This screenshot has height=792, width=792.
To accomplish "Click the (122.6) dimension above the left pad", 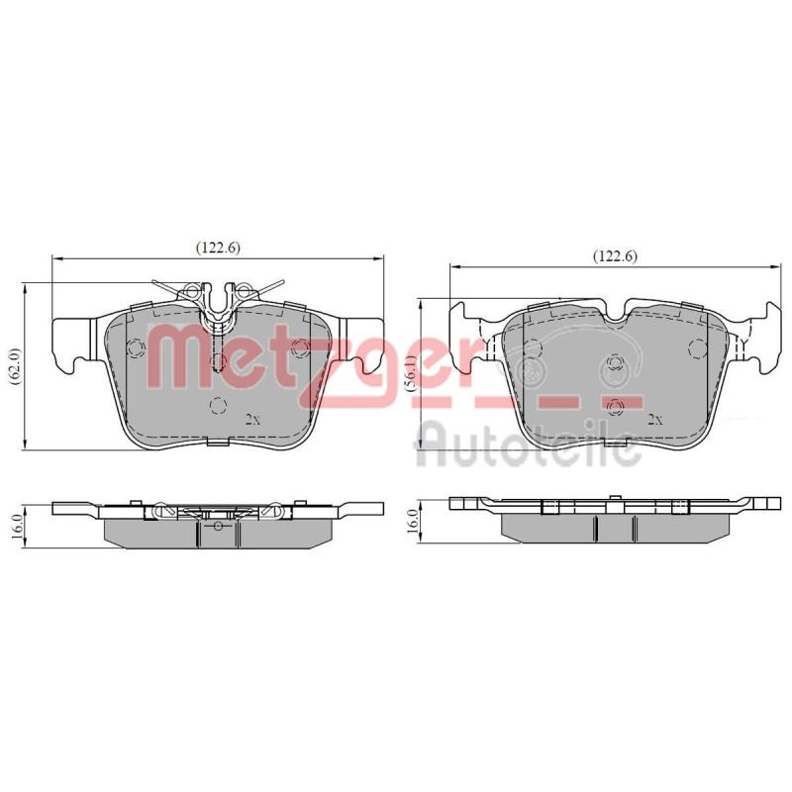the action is tap(218, 247).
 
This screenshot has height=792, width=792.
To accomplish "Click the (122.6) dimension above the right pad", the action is tap(615, 256).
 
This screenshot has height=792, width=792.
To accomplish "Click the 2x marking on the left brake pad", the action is tap(252, 419).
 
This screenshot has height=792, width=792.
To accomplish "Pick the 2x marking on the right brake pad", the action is tap(655, 419).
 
